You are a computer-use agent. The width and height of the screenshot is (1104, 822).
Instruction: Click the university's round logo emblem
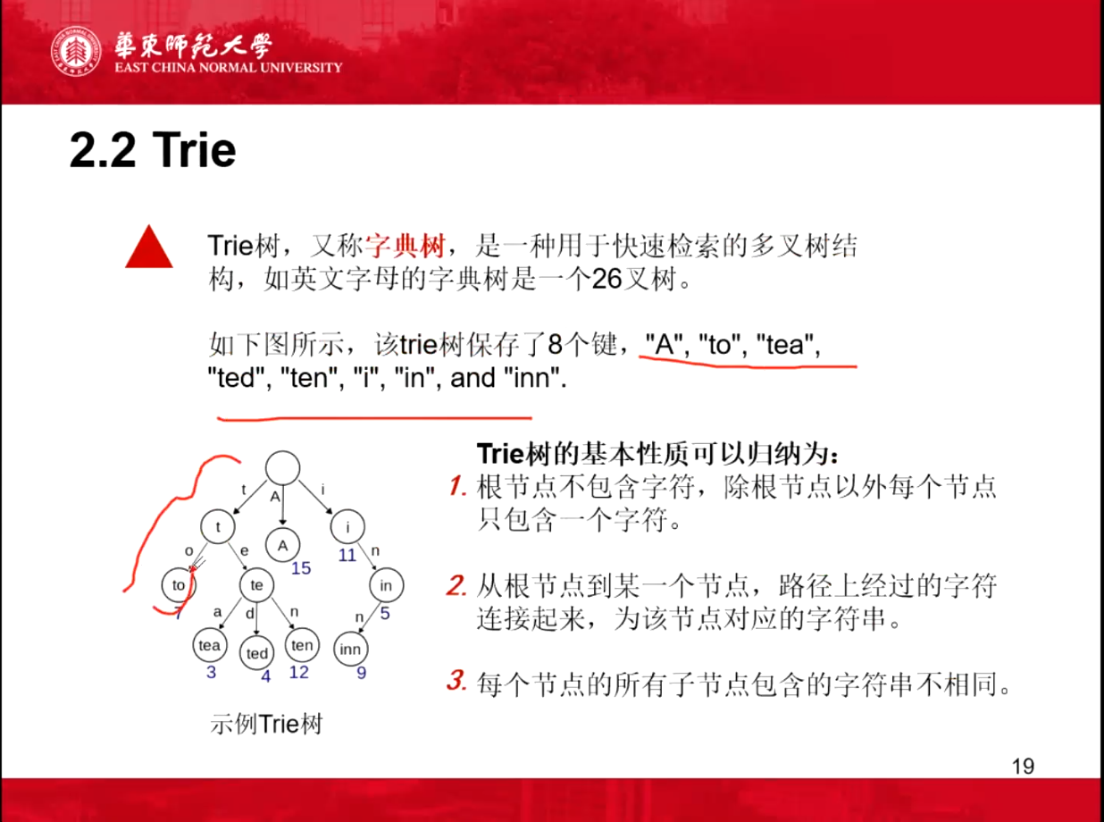pos(76,52)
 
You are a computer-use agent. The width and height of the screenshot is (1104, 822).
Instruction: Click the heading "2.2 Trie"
pos(153,150)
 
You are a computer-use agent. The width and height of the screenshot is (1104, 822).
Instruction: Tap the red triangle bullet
pos(149,247)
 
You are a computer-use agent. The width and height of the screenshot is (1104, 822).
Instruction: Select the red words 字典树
pos(406,245)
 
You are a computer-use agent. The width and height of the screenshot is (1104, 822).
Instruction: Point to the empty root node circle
pos(283,468)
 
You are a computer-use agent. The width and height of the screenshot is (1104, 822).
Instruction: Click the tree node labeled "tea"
pos(210,645)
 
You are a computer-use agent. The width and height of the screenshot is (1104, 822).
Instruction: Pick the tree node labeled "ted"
pos(257,653)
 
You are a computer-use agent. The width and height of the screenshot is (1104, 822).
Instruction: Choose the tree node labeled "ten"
pos(302,645)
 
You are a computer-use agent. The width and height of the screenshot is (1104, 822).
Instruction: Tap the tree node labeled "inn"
pos(350,650)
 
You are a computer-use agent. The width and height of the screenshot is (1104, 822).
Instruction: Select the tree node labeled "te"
pos(257,585)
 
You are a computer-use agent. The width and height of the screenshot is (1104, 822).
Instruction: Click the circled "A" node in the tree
pos(283,546)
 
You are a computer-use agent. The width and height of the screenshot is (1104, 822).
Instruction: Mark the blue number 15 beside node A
pos(301,568)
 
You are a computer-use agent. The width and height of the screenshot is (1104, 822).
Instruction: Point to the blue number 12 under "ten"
pos(299,672)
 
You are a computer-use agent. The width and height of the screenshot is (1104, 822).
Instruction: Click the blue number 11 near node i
pos(347,555)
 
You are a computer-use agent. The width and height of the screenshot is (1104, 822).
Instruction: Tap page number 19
pos(1024,767)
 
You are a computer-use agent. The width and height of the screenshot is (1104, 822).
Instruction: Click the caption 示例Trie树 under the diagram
pos(266,724)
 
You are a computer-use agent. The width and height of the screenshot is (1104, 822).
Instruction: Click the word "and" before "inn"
pos(473,378)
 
